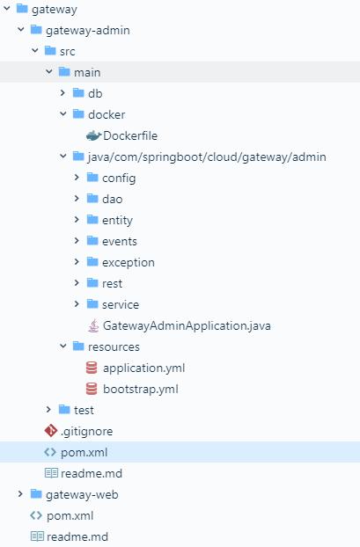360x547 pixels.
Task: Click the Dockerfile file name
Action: [x=130, y=135]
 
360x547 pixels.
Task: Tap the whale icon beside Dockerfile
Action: [x=93, y=135]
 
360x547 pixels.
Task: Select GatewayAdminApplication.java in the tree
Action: [x=187, y=326]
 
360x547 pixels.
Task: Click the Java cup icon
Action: [x=93, y=326]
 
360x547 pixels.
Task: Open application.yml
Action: [x=143, y=368]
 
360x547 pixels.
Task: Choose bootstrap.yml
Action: [x=140, y=389]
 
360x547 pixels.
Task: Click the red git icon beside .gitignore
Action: [x=51, y=431]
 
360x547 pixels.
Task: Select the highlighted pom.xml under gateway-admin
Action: [x=84, y=452]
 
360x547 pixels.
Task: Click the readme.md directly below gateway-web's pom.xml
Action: [x=77, y=536]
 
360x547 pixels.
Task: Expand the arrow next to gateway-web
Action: [x=20, y=494]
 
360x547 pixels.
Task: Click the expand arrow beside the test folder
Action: [x=48, y=410]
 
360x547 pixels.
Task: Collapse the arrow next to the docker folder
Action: [x=63, y=113]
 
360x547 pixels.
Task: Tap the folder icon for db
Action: [x=78, y=93]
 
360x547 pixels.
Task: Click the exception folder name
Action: [x=129, y=263]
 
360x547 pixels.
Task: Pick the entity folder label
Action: [x=117, y=221]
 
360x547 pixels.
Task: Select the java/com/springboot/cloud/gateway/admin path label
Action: [x=207, y=157]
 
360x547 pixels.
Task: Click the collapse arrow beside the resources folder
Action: [x=63, y=346]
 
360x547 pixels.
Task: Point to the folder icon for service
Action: [x=92, y=304]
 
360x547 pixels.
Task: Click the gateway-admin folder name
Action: [x=88, y=31]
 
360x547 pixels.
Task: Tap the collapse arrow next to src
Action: [x=35, y=51]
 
